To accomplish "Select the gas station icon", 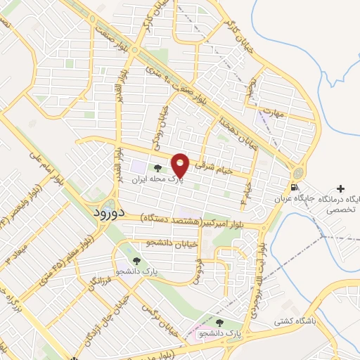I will pyautogui.click(x=294, y=188).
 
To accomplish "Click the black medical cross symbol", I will pyautogui.click(x=341, y=189).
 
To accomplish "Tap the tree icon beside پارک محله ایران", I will pyautogui.click(x=157, y=168).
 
